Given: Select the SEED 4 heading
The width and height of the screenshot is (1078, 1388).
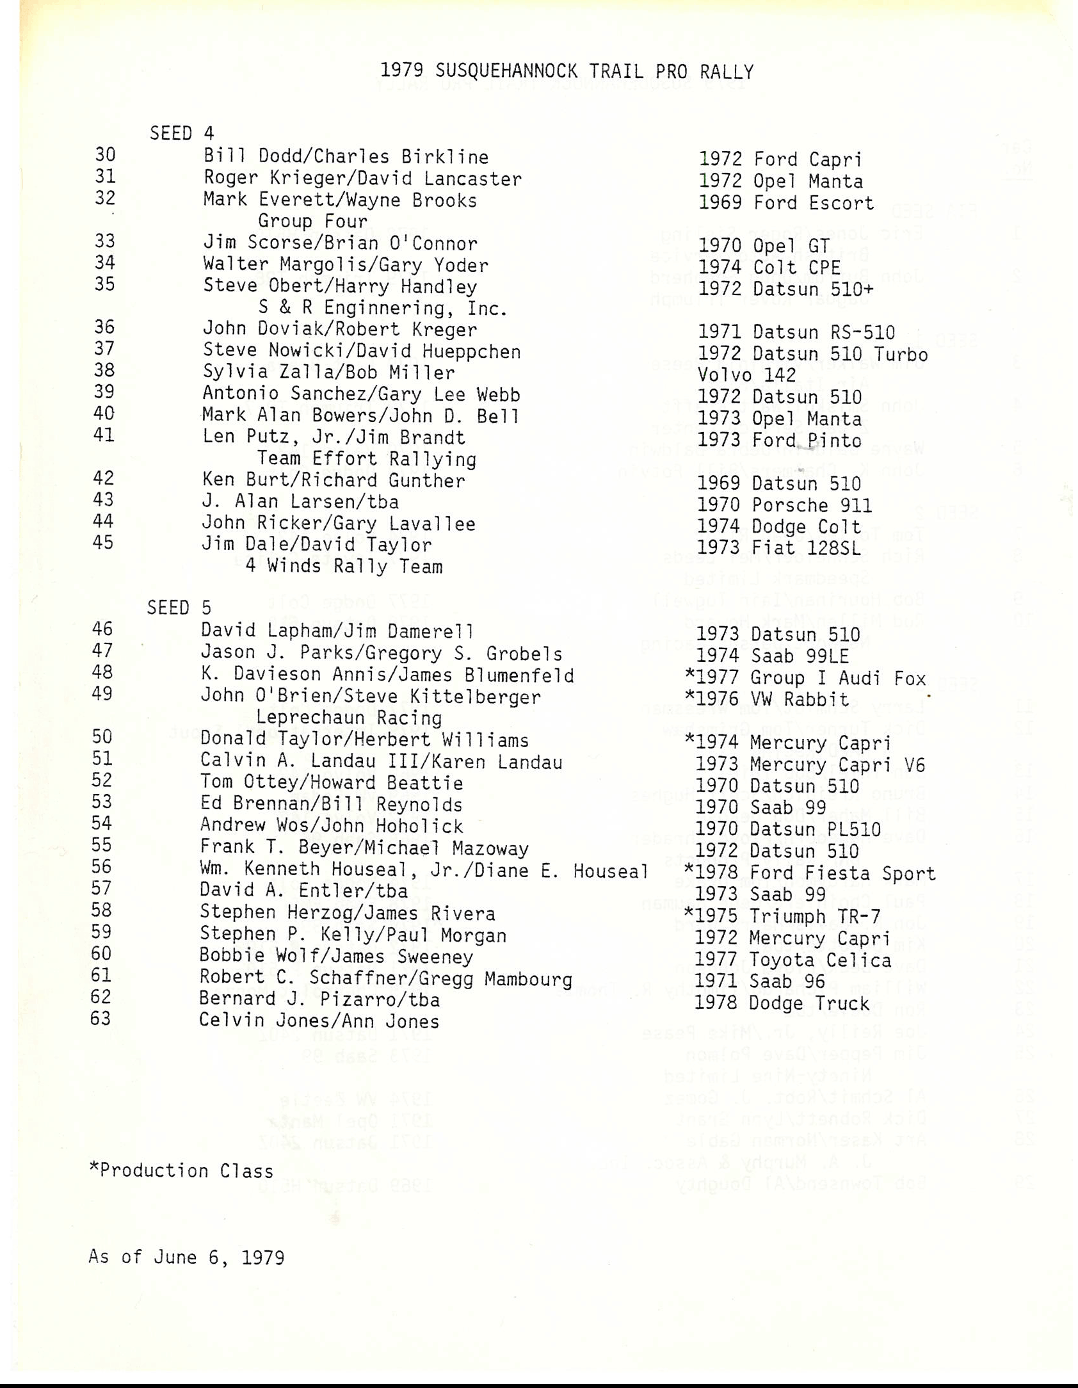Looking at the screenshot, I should pos(182,133).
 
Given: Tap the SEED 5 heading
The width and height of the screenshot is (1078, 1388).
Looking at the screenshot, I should pos(179,607).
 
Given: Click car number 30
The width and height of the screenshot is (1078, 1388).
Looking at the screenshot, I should pos(105,155).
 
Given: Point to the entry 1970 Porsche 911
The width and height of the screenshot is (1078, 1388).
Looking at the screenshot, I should pos(784,506).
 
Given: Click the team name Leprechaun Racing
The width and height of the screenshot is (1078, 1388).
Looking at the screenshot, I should pos(349,718).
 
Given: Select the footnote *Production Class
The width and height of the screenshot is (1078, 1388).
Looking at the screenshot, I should pos(181,1171).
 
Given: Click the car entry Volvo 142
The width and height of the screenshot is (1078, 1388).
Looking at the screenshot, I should pos(746,375).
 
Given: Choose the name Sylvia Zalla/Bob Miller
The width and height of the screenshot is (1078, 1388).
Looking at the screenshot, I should pos(329,373).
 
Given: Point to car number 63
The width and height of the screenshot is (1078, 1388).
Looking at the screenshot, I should pos(101,1018).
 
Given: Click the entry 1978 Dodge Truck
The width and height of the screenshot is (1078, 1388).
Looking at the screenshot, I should pos(782,1003).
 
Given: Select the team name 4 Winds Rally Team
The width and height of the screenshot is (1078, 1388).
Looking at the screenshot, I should pos(344,567).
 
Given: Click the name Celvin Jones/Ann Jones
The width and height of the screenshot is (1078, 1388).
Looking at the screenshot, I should pos(319,1021).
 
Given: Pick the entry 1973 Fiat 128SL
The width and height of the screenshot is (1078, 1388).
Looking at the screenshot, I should pos(778,548).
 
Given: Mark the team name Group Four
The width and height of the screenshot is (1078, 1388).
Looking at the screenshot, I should pos(312,222).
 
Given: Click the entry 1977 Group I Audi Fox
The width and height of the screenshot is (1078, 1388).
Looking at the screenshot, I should pos(805,677).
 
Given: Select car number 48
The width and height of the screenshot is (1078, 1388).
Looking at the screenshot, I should pos(102,672).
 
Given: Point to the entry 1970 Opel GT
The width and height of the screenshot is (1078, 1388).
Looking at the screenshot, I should pos(764,246).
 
